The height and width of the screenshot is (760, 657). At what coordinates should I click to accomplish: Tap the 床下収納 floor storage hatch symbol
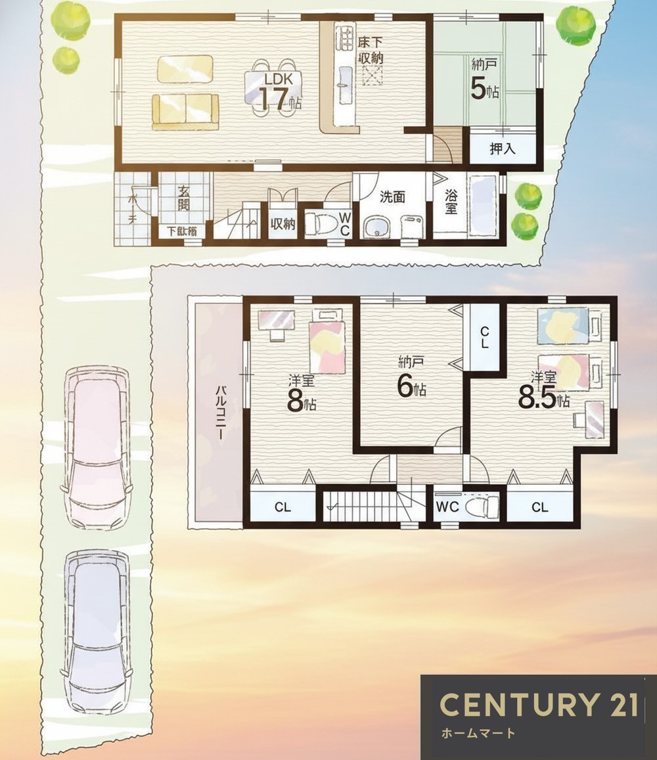(x=372, y=76)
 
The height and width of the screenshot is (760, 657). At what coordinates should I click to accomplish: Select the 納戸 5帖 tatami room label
(x=484, y=79)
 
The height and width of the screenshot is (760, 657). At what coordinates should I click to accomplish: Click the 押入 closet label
(x=503, y=148)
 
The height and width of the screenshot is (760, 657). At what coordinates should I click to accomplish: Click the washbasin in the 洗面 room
(x=376, y=227)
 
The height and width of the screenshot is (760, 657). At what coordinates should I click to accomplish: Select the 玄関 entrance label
(x=184, y=198)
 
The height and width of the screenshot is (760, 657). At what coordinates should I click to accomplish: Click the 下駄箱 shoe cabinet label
(x=182, y=232)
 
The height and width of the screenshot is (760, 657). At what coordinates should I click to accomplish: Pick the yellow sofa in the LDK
(x=185, y=112)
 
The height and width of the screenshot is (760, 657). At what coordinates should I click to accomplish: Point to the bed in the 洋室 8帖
(x=327, y=341)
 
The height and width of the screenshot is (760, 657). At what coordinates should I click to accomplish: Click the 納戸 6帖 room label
(x=412, y=378)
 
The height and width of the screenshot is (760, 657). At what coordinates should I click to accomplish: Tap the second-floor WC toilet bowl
(x=482, y=506)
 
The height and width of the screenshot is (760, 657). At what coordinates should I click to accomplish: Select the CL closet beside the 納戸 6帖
(x=484, y=338)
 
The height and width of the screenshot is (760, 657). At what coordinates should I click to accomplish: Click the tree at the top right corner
(x=576, y=26)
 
